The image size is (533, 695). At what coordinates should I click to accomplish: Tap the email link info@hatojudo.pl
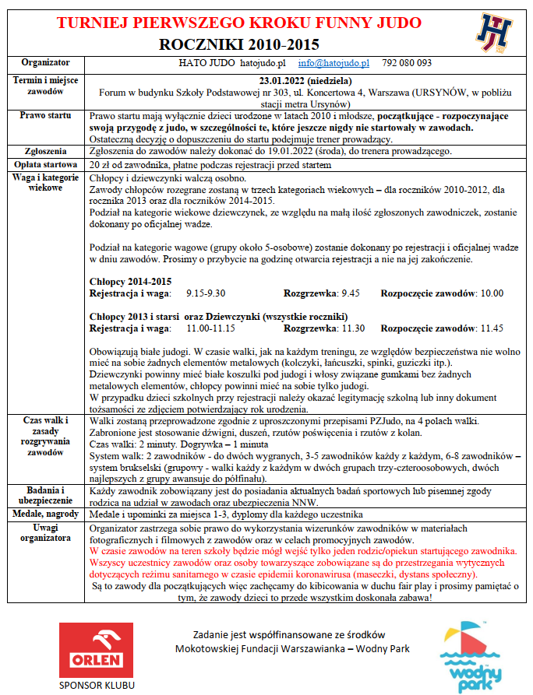point(334,62)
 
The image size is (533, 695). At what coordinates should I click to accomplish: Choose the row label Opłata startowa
point(45,165)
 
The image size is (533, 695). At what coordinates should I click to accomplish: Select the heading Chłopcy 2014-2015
point(131,281)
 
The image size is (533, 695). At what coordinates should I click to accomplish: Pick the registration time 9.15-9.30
point(206,293)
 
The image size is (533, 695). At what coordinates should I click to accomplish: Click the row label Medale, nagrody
point(45,515)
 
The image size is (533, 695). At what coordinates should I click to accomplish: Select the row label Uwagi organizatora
point(45,534)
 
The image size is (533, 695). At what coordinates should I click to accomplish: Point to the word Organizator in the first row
point(45,62)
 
